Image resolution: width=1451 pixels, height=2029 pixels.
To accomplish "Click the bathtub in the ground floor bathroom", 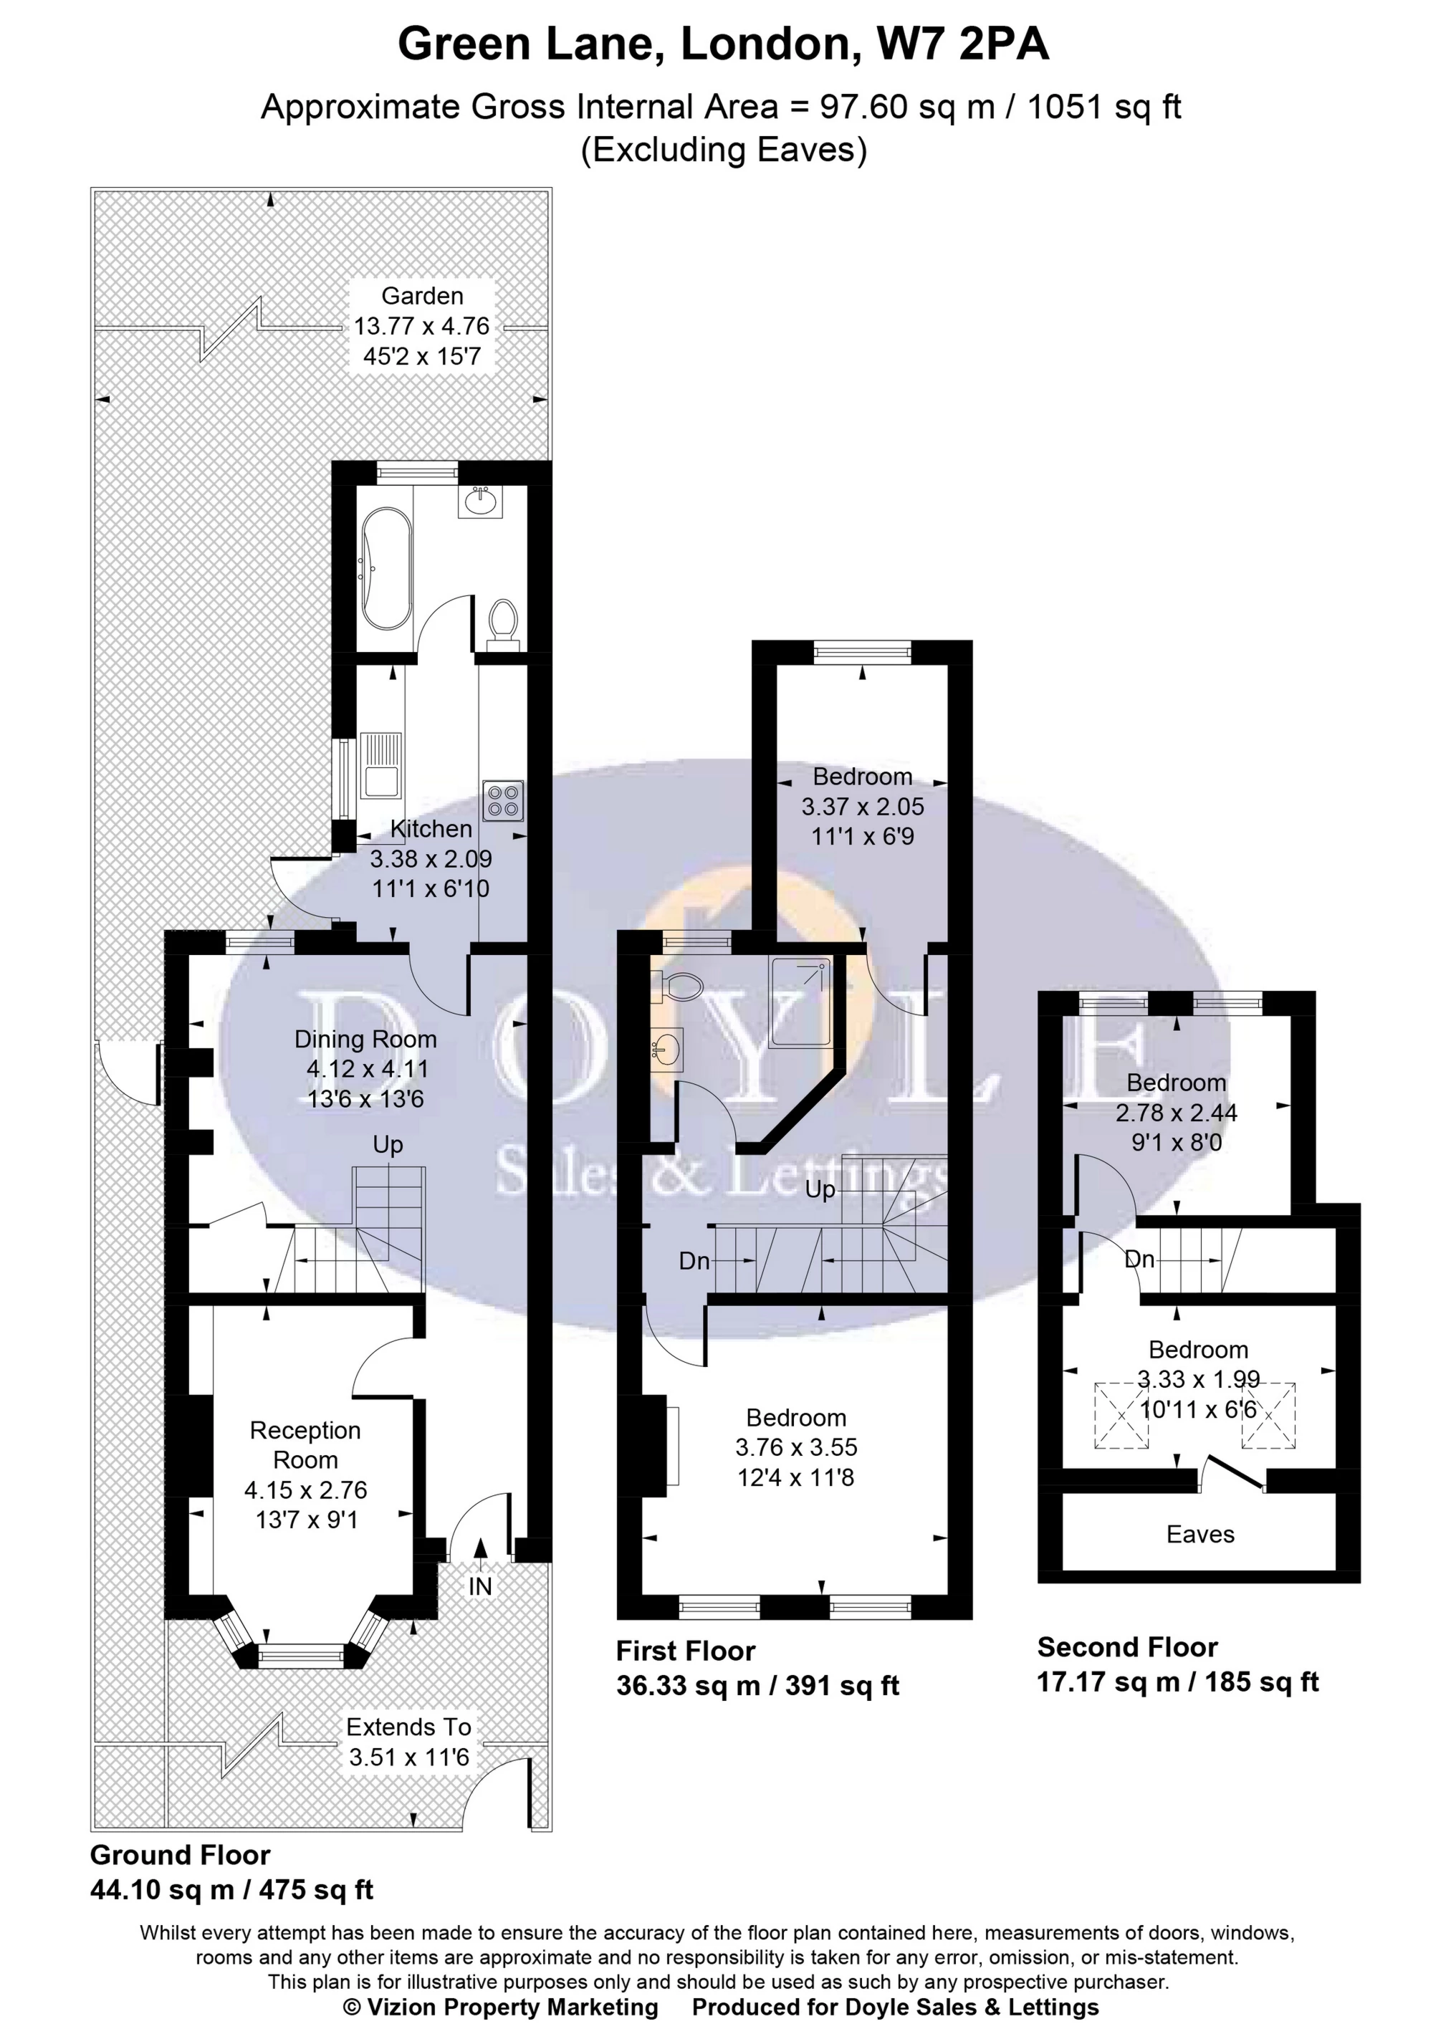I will [385, 568].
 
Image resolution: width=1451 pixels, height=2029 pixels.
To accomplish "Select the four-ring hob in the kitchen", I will [502, 800].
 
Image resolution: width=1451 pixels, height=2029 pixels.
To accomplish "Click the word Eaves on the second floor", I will [1200, 1534].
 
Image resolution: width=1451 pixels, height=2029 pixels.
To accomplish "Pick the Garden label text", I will [422, 296].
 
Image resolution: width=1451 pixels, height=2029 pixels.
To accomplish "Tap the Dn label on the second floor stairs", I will [1139, 1259].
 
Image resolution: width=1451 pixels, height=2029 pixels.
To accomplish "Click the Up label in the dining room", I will [388, 1144].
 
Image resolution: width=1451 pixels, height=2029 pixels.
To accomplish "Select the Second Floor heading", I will [1126, 1646].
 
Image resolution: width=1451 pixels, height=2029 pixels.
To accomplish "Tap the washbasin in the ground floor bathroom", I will [481, 502].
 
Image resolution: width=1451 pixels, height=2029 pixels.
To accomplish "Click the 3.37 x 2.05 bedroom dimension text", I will [862, 807].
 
